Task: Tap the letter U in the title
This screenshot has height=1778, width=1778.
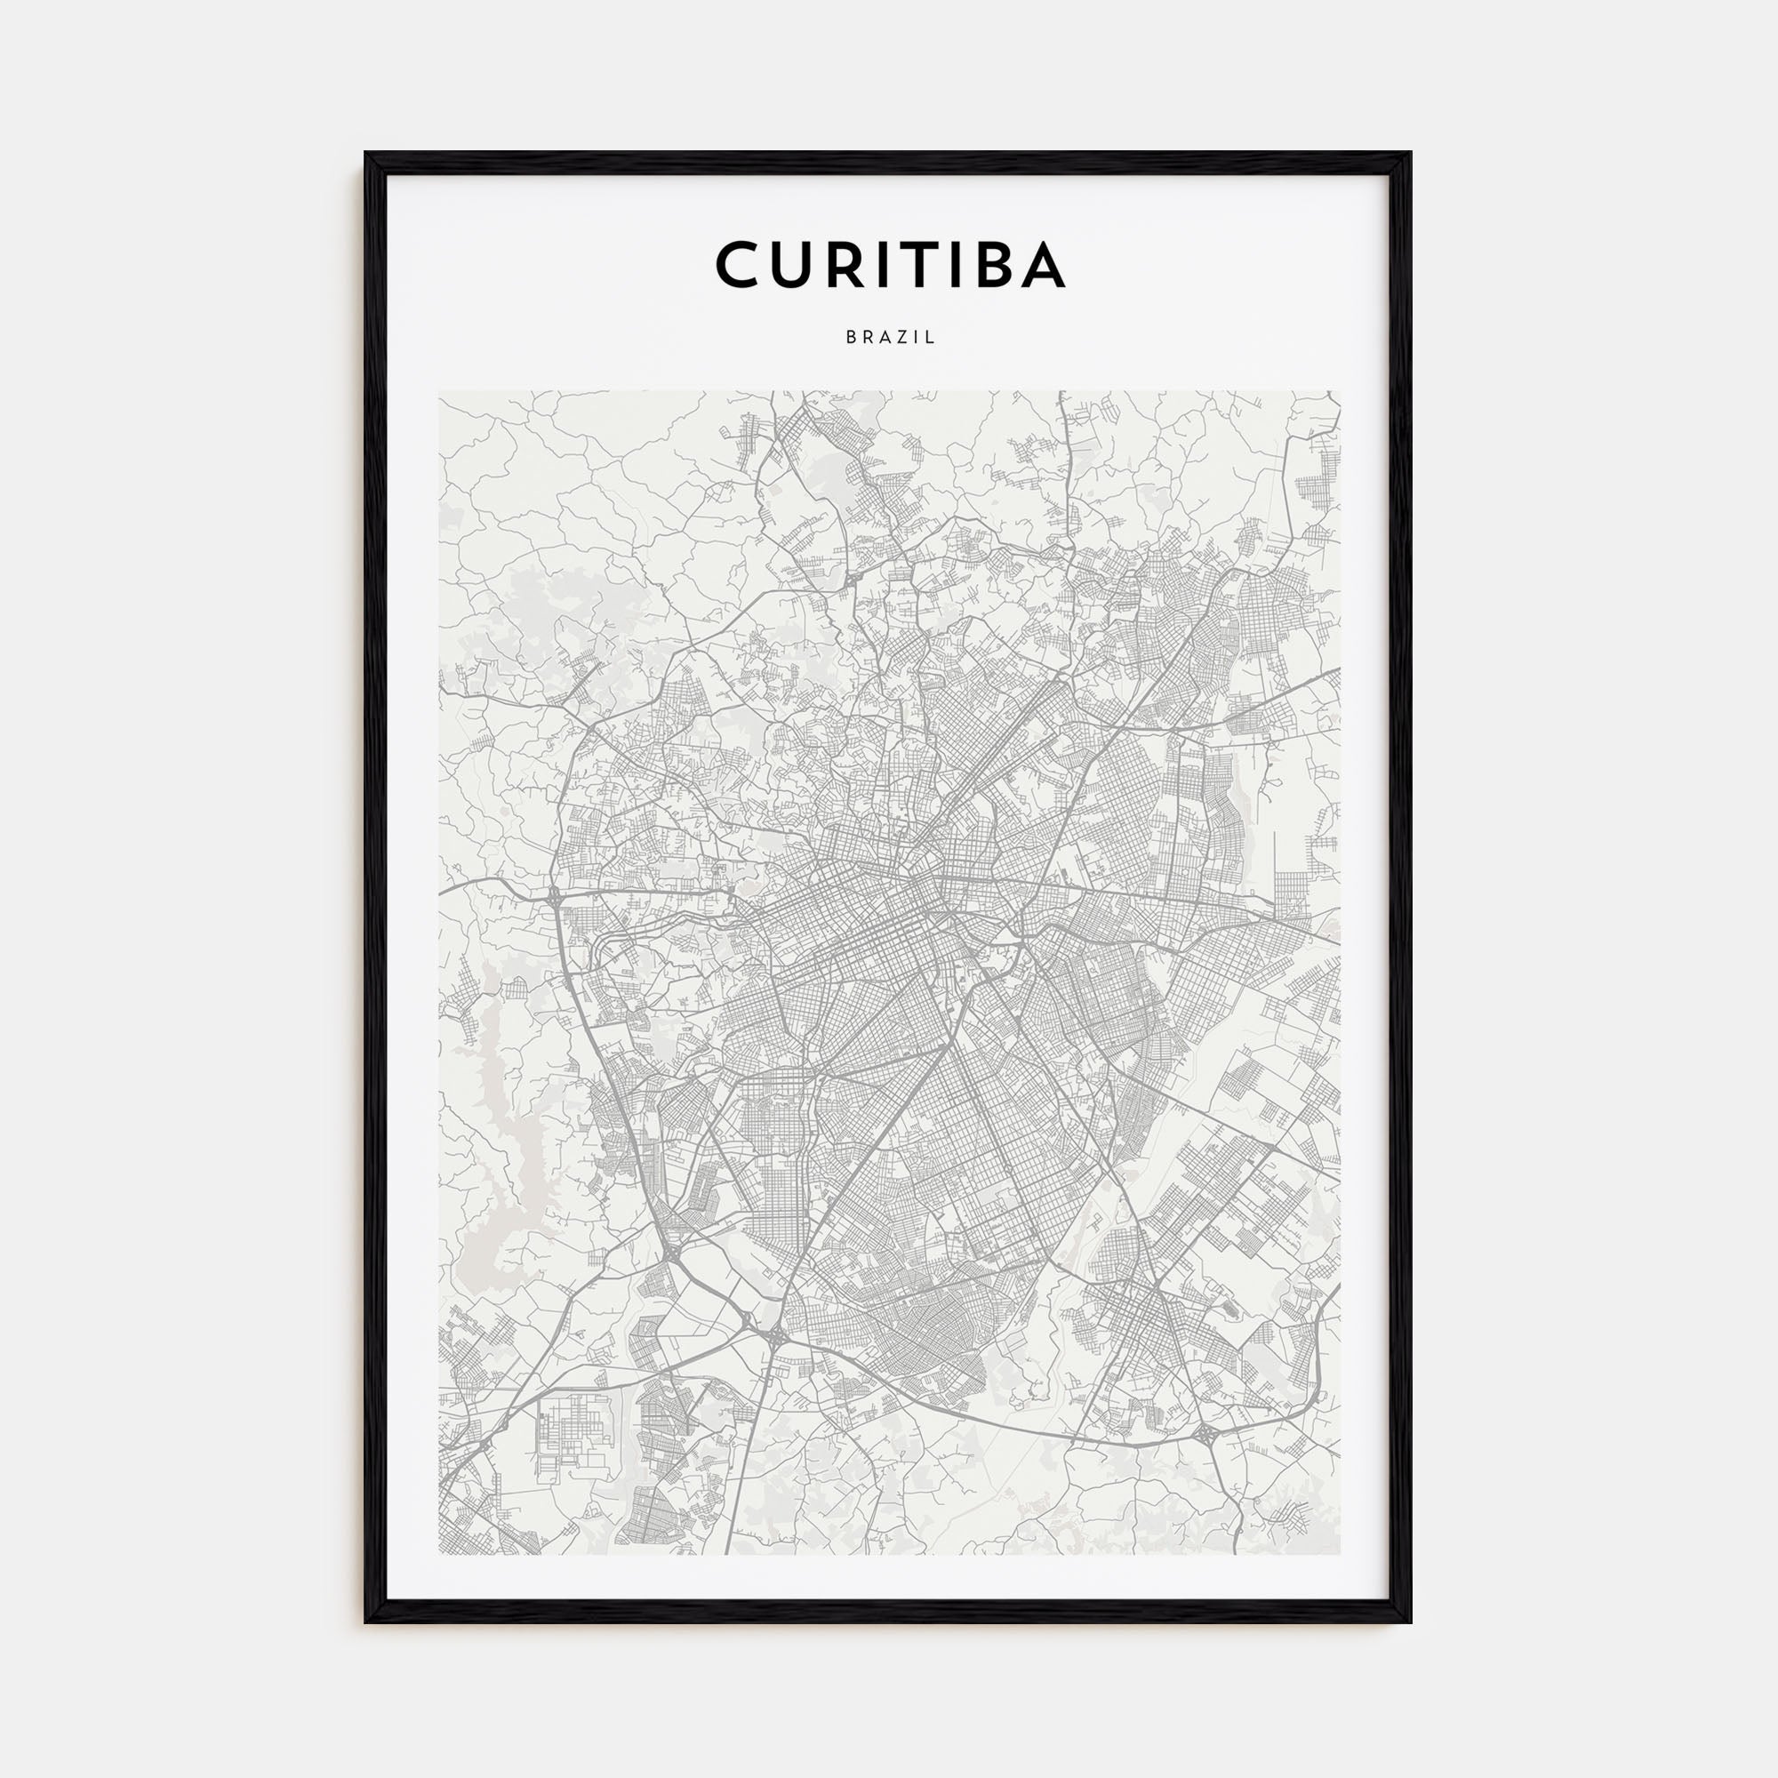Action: pos(796,265)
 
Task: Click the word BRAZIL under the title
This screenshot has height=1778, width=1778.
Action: pos(890,338)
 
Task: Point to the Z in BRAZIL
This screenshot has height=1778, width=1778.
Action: pos(898,338)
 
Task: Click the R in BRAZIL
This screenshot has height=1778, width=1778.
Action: pos(866,338)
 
